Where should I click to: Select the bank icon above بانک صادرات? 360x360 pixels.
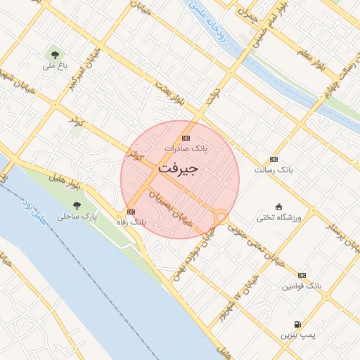[186, 138]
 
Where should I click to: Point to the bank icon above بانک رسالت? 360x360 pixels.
[274, 159]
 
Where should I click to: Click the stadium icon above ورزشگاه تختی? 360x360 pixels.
[278, 207]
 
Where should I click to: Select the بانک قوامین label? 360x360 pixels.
[302, 286]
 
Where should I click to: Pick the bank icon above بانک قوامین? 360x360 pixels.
[302, 275]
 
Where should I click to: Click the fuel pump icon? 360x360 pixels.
[297, 324]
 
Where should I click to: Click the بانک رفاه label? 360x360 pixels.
[131, 221]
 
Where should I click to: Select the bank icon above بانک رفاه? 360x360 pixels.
[131, 211]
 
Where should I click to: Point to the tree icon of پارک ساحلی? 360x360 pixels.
[77, 205]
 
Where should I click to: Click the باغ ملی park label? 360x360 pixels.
[54, 66]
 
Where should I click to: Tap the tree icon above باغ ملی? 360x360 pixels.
[54, 54]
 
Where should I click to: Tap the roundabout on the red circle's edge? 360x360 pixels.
[221, 217]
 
